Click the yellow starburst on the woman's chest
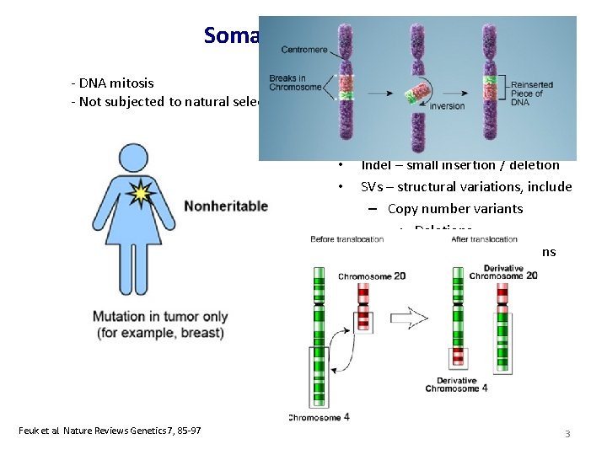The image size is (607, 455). click(x=140, y=194)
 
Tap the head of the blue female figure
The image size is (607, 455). click(x=132, y=160)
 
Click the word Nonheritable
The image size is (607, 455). click(x=226, y=206)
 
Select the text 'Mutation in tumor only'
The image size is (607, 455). click(x=160, y=317)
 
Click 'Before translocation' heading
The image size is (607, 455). click(x=346, y=239)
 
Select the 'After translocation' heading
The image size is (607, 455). click(x=484, y=239)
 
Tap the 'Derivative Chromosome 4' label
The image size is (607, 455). click(x=452, y=385)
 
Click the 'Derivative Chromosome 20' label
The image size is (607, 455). click(x=503, y=272)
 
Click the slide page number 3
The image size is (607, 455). click(x=567, y=433)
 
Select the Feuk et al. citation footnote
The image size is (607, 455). click(x=110, y=431)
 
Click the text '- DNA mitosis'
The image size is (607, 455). click(x=112, y=83)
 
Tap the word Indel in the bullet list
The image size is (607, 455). click(x=376, y=165)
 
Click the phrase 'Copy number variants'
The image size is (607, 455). click(x=455, y=208)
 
